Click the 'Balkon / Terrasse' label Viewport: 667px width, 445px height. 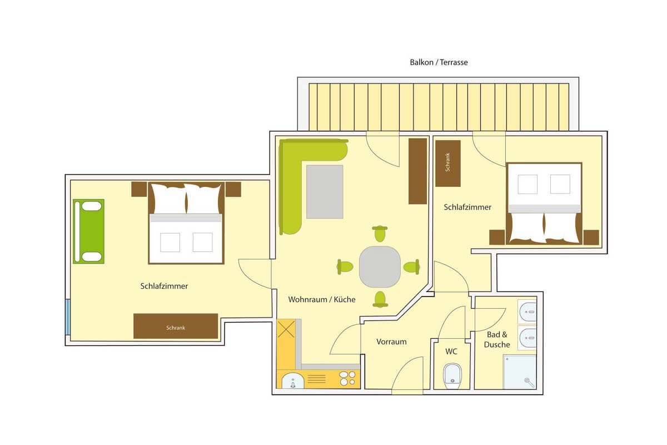[439, 62]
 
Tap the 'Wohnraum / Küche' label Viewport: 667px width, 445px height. [322, 299]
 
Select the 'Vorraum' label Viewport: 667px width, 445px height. [391, 342]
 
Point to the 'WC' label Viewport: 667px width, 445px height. [451, 352]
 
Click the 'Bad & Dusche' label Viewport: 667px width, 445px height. [497, 339]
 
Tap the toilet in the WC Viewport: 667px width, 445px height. [452, 376]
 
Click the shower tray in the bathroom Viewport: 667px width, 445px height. [520, 372]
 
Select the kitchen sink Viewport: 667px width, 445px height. [293, 380]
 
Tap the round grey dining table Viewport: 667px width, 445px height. [380, 267]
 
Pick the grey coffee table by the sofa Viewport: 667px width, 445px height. [325, 192]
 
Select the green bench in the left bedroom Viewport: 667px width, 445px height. [89, 231]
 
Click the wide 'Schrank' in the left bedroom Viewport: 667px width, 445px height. [176, 326]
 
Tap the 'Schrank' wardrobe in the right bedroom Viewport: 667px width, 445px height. [448, 164]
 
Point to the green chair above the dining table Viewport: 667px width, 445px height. [380, 234]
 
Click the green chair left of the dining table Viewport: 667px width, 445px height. [345, 266]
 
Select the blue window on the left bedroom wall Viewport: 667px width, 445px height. [68, 317]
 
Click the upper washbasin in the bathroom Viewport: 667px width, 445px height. [527, 311]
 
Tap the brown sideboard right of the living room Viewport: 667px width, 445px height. [417, 171]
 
